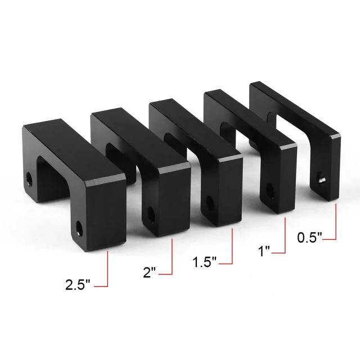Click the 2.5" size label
78,285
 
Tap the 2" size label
149,272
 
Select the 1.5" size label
204,262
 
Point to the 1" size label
264,251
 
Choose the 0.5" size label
309,237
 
